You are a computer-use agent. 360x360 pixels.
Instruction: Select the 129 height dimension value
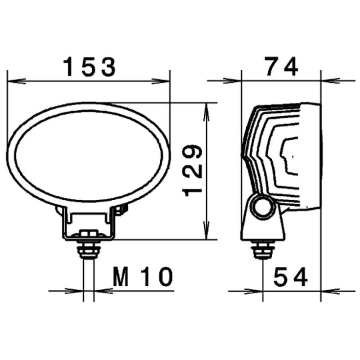[x=193, y=170]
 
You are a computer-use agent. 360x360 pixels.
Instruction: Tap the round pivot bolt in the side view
[x=262, y=207]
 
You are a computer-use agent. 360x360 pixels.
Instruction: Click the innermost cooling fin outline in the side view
[x=288, y=155]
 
